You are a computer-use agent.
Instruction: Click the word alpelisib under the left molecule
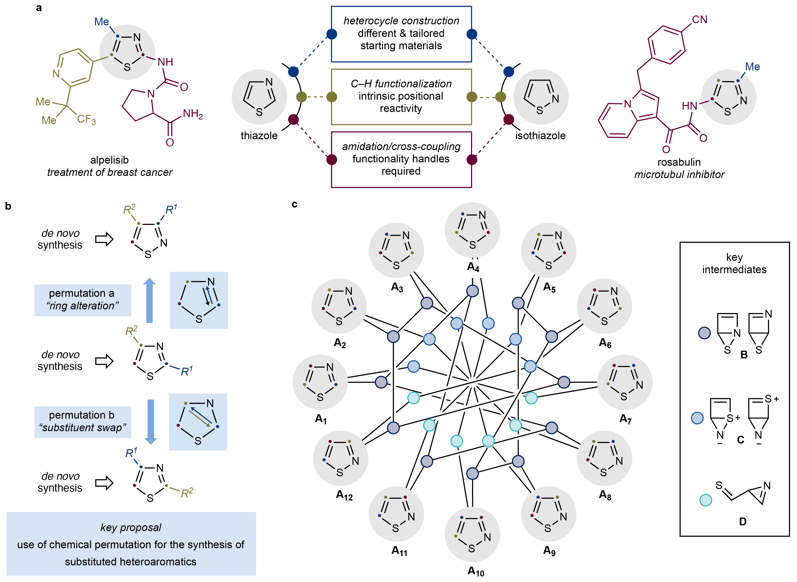tap(109, 160)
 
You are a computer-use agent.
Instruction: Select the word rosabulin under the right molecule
tap(679, 162)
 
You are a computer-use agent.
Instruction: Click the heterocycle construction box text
tap(401, 33)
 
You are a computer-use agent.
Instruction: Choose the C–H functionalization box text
tap(401, 96)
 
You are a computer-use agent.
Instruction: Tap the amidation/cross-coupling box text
tap(401, 159)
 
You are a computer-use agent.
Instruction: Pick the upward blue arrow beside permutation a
tap(149, 300)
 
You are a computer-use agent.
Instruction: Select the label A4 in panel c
tap(473, 267)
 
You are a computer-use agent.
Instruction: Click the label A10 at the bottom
tap(476, 571)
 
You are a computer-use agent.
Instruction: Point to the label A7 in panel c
tap(625, 419)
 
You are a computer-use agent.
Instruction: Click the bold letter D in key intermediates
tap(742, 521)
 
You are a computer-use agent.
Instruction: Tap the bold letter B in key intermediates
tap(744, 354)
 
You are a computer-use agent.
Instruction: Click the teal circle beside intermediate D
tap(705, 500)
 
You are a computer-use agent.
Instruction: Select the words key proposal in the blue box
tap(131, 527)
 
